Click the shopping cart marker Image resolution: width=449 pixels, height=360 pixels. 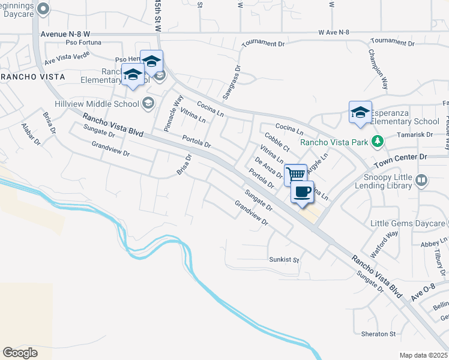pyautogui.click(x=295, y=175)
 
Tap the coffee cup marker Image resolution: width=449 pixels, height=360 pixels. pyautogui.click(x=302, y=191)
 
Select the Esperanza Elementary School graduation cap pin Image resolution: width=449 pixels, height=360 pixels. pyautogui.click(x=360, y=112)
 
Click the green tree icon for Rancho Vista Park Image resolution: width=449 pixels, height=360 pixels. pyautogui.click(x=377, y=142)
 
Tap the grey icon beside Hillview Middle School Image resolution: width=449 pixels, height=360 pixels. pyautogui.click(x=148, y=103)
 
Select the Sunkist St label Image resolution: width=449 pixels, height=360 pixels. pyautogui.click(x=284, y=260)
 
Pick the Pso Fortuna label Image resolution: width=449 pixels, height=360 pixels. pyautogui.click(x=83, y=43)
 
